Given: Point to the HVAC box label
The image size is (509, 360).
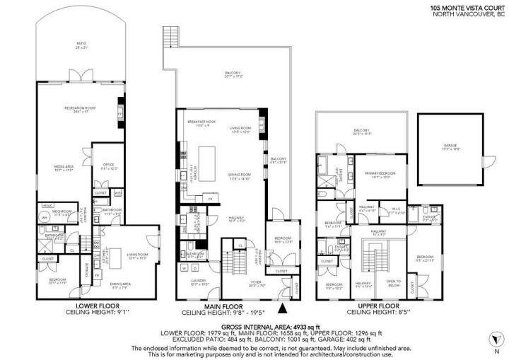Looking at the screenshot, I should click(48, 205).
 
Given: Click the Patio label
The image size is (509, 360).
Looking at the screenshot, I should click(81, 45).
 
